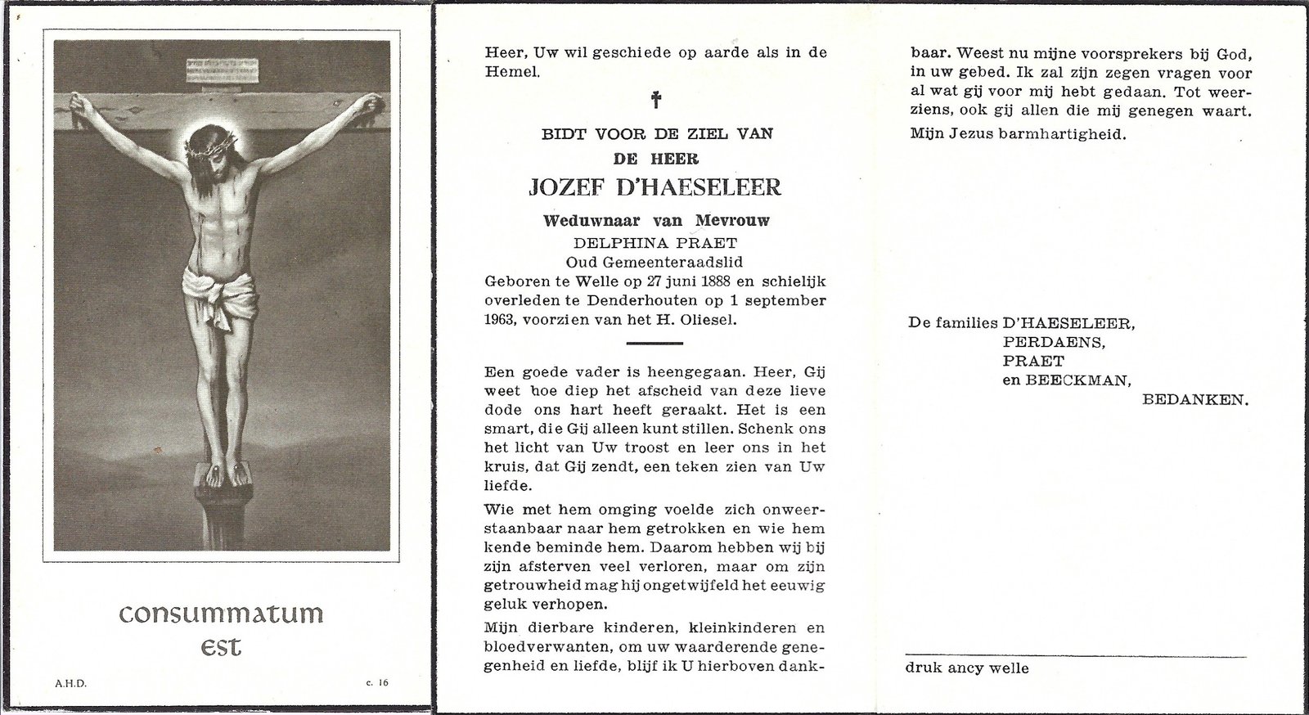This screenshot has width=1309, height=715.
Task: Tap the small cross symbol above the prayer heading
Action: click(x=655, y=101)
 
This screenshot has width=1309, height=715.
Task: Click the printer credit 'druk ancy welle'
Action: click(x=967, y=668)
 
